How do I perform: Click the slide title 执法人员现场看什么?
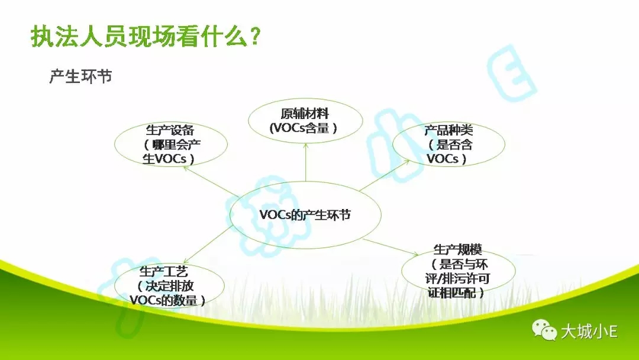coord(146,37)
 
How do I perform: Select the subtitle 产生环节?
coord(80,76)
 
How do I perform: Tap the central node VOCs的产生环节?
coord(305,215)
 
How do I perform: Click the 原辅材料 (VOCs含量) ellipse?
coord(305,121)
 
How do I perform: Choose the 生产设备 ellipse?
coord(171,144)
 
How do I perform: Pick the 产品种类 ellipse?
coord(448,144)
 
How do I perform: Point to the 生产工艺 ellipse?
coord(169,285)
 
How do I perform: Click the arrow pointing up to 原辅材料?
coord(306,162)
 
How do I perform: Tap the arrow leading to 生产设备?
coord(211,181)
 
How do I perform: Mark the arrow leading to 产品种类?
coord(385,175)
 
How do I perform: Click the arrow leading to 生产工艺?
coord(208,244)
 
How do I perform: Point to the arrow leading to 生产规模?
coord(390,247)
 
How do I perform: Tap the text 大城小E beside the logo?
coord(589,331)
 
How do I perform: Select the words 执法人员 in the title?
coord(79,37)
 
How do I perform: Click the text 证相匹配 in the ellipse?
coord(451,292)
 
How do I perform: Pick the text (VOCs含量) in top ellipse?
coord(304,128)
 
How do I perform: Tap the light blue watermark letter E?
coord(511,73)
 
